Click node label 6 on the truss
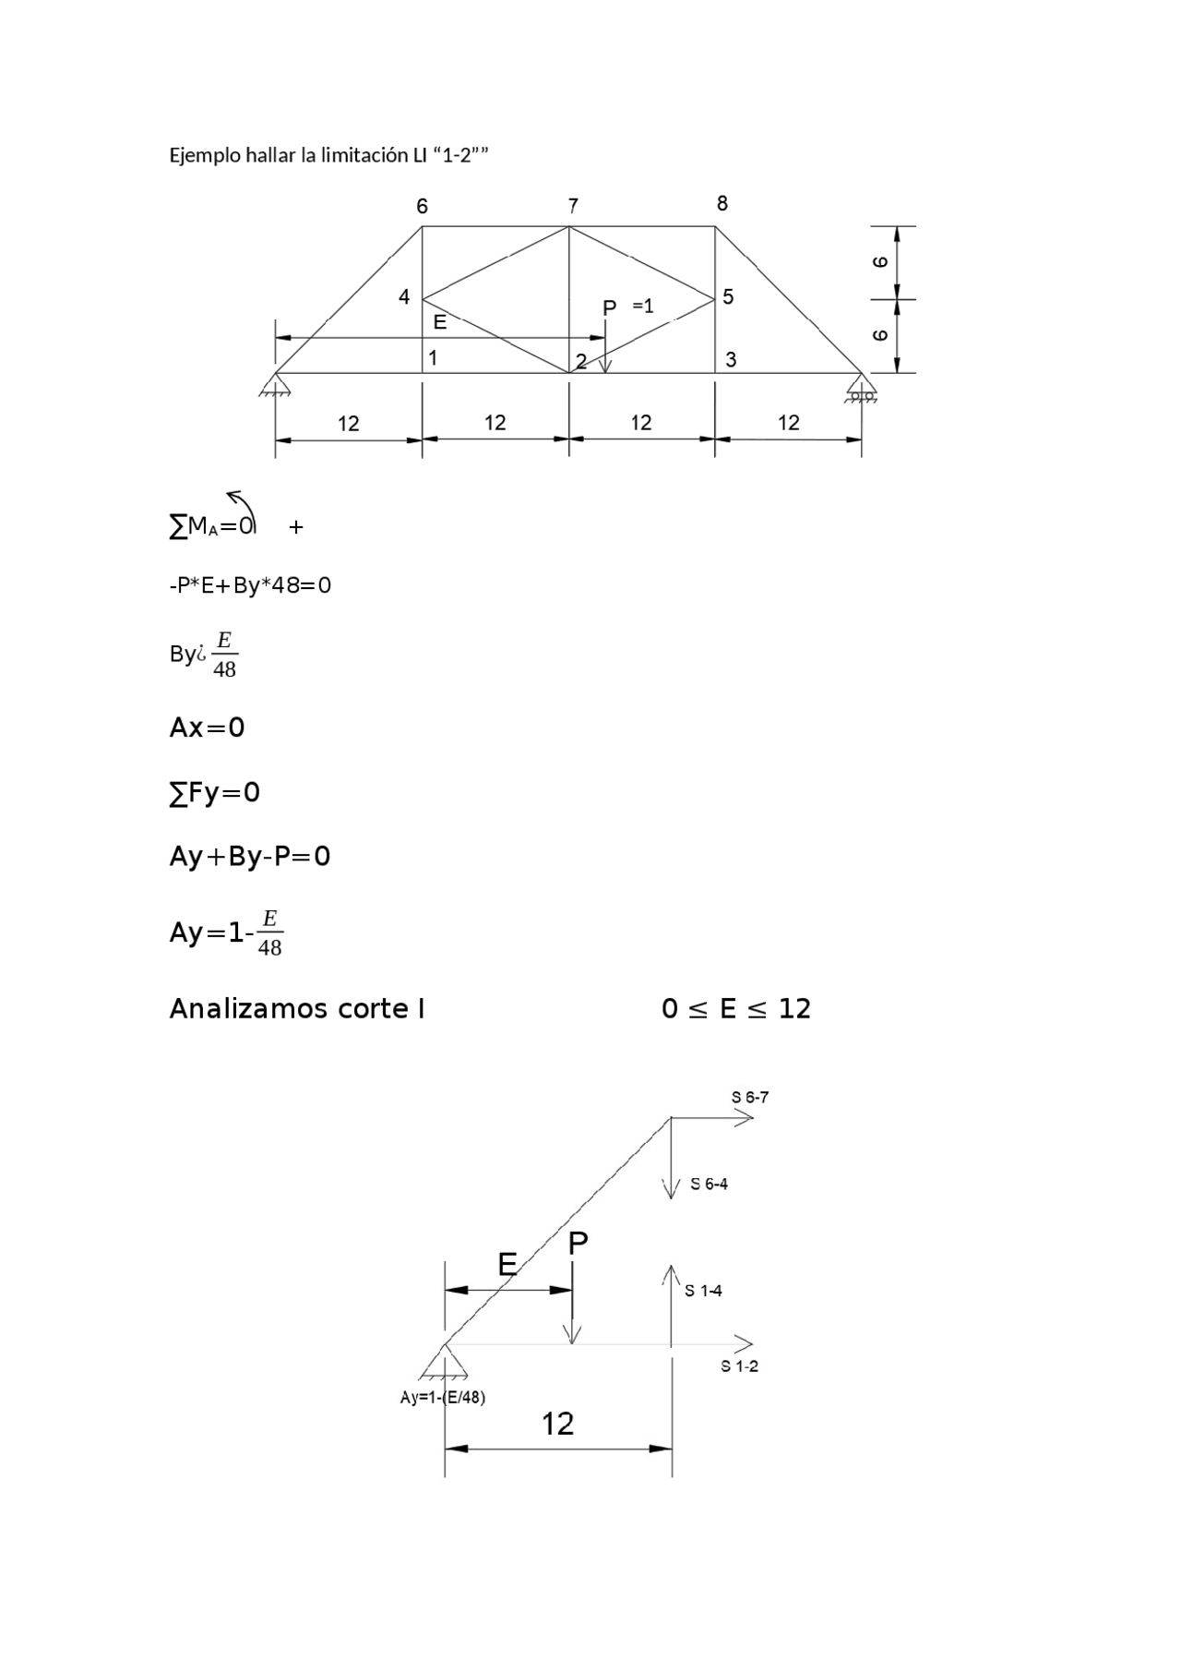tap(422, 207)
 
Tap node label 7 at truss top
tap(573, 206)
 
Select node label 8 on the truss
tap(722, 204)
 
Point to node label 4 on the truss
tap(404, 297)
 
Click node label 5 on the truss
tap(728, 297)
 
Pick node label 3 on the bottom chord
tap(731, 360)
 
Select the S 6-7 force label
tap(750, 1098)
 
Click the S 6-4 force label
tap(709, 1185)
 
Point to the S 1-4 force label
tap(703, 1292)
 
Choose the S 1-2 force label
tap(739, 1366)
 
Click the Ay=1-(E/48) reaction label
tap(443, 1398)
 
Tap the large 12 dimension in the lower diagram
tap(557, 1425)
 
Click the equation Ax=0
tap(208, 728)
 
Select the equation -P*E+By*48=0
tap(250, 585)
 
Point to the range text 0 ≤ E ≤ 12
tap(735, 1009)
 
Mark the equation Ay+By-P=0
tap(250, 857)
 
